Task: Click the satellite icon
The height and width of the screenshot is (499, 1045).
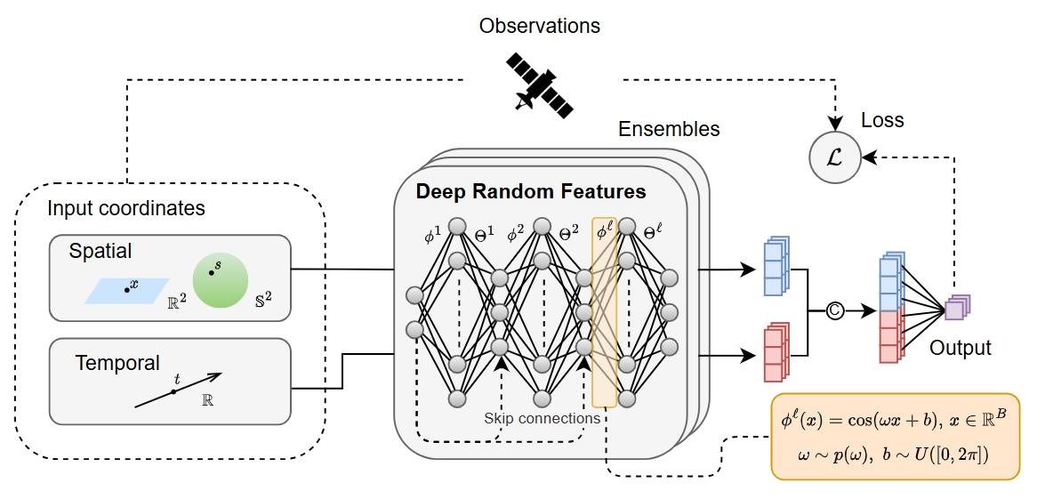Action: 539,85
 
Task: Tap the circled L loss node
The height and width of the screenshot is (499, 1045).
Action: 834,157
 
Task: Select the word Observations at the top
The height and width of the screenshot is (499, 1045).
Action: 539,26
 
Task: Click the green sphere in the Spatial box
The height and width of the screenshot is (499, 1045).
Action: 219,278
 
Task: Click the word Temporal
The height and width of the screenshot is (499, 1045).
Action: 117,363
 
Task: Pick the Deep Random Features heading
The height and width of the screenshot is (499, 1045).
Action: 531,191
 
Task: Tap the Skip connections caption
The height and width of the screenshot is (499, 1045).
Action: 543,418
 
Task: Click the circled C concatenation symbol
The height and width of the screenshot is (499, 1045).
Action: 834,311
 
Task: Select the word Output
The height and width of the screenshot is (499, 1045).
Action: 961,349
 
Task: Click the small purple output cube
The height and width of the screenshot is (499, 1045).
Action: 956,308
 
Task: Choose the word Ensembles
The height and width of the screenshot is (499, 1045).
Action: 669,129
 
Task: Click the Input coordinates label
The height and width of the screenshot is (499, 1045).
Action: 126,209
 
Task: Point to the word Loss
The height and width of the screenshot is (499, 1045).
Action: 881,120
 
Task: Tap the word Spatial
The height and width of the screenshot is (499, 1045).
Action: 100,252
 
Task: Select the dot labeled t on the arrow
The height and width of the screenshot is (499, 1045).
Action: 176,390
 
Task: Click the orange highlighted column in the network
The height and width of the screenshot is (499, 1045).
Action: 604,311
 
